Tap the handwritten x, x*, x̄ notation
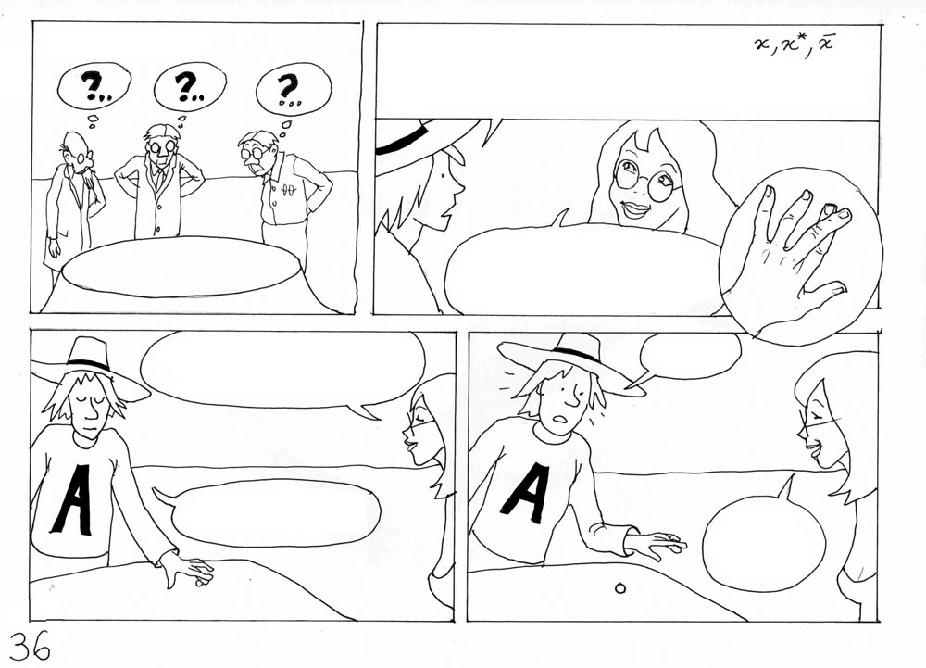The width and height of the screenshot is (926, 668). tap(795, 44)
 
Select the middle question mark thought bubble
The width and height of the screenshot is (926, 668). tap(190, 86)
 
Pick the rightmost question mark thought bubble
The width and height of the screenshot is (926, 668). tap(293, 90)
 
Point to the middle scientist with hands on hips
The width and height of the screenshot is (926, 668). tap(159, 180)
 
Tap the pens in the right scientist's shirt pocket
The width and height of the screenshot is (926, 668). tap(289, 190)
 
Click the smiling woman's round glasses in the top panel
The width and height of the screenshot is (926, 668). tap(648, 179)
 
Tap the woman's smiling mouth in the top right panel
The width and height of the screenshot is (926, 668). tap(635, 208)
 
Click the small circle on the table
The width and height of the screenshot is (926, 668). tap(620, 587)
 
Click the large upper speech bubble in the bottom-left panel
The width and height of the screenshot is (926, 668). tap(282, 369)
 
